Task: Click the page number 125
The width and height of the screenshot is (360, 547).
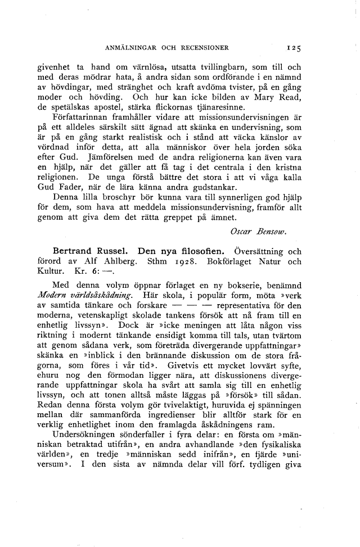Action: tap(295, 48)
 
